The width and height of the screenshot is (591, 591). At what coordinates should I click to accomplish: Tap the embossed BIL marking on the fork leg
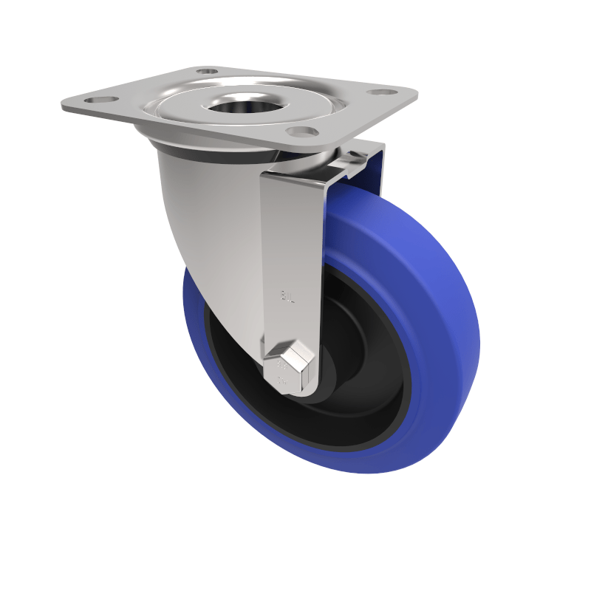click(x=287, y=297)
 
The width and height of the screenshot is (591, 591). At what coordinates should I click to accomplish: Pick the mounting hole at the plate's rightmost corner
click(x=383, y=92)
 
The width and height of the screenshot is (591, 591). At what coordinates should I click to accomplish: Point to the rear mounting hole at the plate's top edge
click(x=207, y=71)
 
